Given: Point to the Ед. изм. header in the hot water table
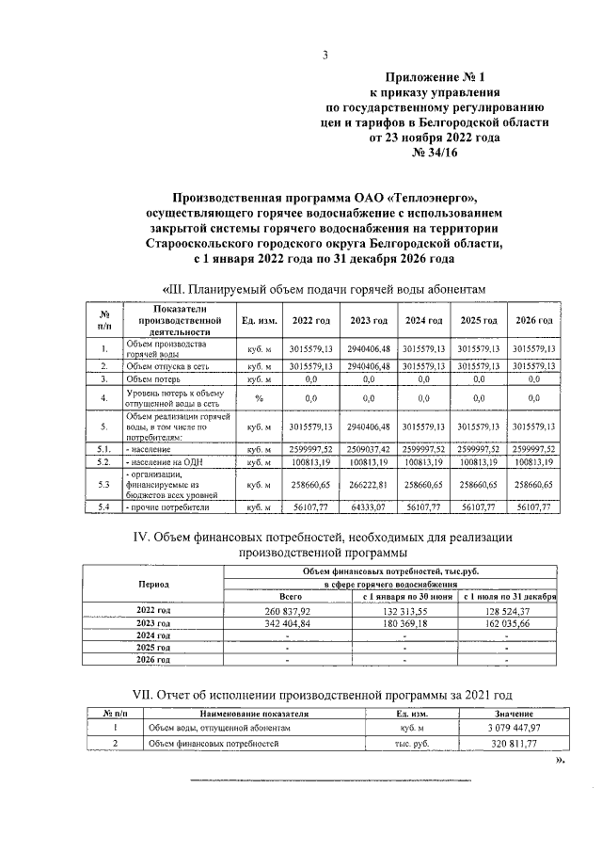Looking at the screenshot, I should (x=258, y=321).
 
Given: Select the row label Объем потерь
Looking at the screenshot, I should (x=153, y=378).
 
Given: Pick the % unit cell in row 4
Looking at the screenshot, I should (x=258, y=398).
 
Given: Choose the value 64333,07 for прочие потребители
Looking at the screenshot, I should (x=370, y=507).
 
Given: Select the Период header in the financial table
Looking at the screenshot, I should (x=154, y=584).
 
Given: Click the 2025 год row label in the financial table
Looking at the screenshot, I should (x=154, y=648).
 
